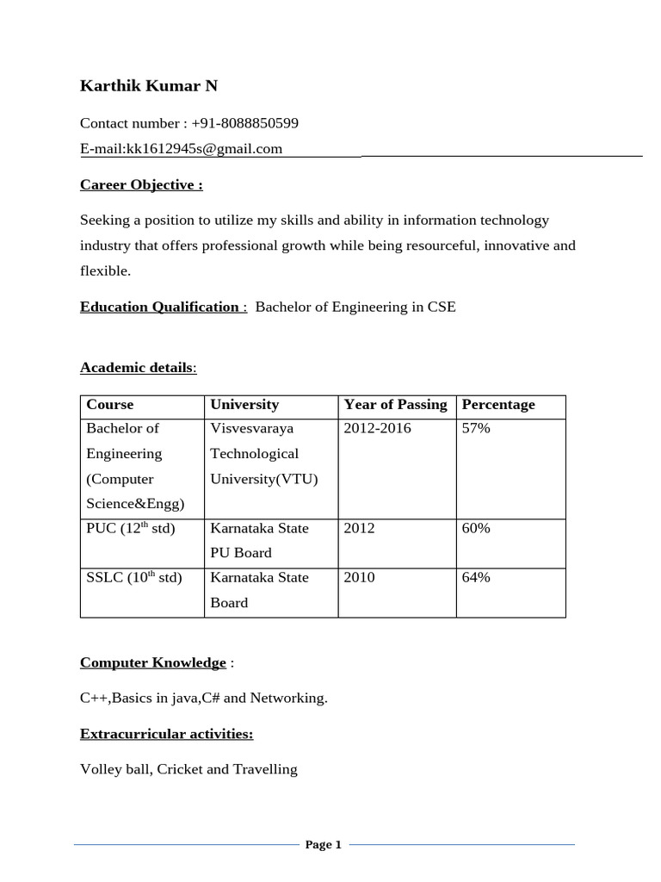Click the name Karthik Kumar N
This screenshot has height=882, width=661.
click(149, 85)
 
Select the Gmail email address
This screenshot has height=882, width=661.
click(204, 149)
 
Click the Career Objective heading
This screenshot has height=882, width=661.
click(141, 185)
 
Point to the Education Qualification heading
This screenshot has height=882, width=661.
click(160, 307)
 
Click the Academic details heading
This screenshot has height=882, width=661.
click(138, 368)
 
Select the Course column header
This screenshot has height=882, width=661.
click(110, 405)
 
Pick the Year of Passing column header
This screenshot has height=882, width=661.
click(395, 405)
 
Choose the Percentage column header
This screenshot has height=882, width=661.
click(498, 405)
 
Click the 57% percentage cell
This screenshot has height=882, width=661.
click(476, 428)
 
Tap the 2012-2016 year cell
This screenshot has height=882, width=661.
click(377, 428)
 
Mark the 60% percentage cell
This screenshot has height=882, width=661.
click(476, 528)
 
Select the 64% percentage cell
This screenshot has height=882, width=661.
click(476, 577)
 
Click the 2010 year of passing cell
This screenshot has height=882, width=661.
click(359, 577)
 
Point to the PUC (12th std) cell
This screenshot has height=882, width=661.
click(131, 528)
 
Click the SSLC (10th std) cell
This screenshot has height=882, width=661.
click(134, 577)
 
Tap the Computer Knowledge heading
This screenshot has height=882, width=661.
click(153, 662)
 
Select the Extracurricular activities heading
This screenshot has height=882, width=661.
click(166, 734)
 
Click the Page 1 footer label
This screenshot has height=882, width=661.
click(324, 845)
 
